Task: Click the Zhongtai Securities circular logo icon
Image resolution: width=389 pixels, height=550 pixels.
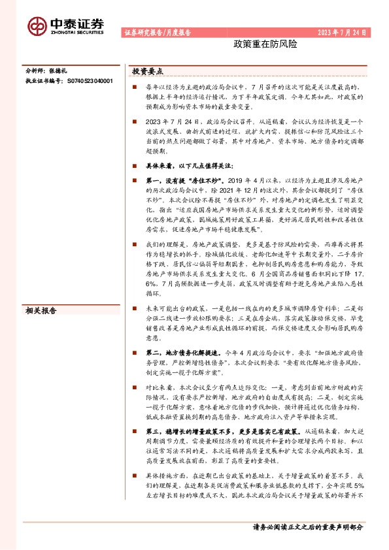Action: (37, 25)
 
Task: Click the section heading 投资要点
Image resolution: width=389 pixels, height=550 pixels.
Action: (148, 71)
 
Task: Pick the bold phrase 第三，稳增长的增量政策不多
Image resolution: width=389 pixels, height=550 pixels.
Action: (200, 431)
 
